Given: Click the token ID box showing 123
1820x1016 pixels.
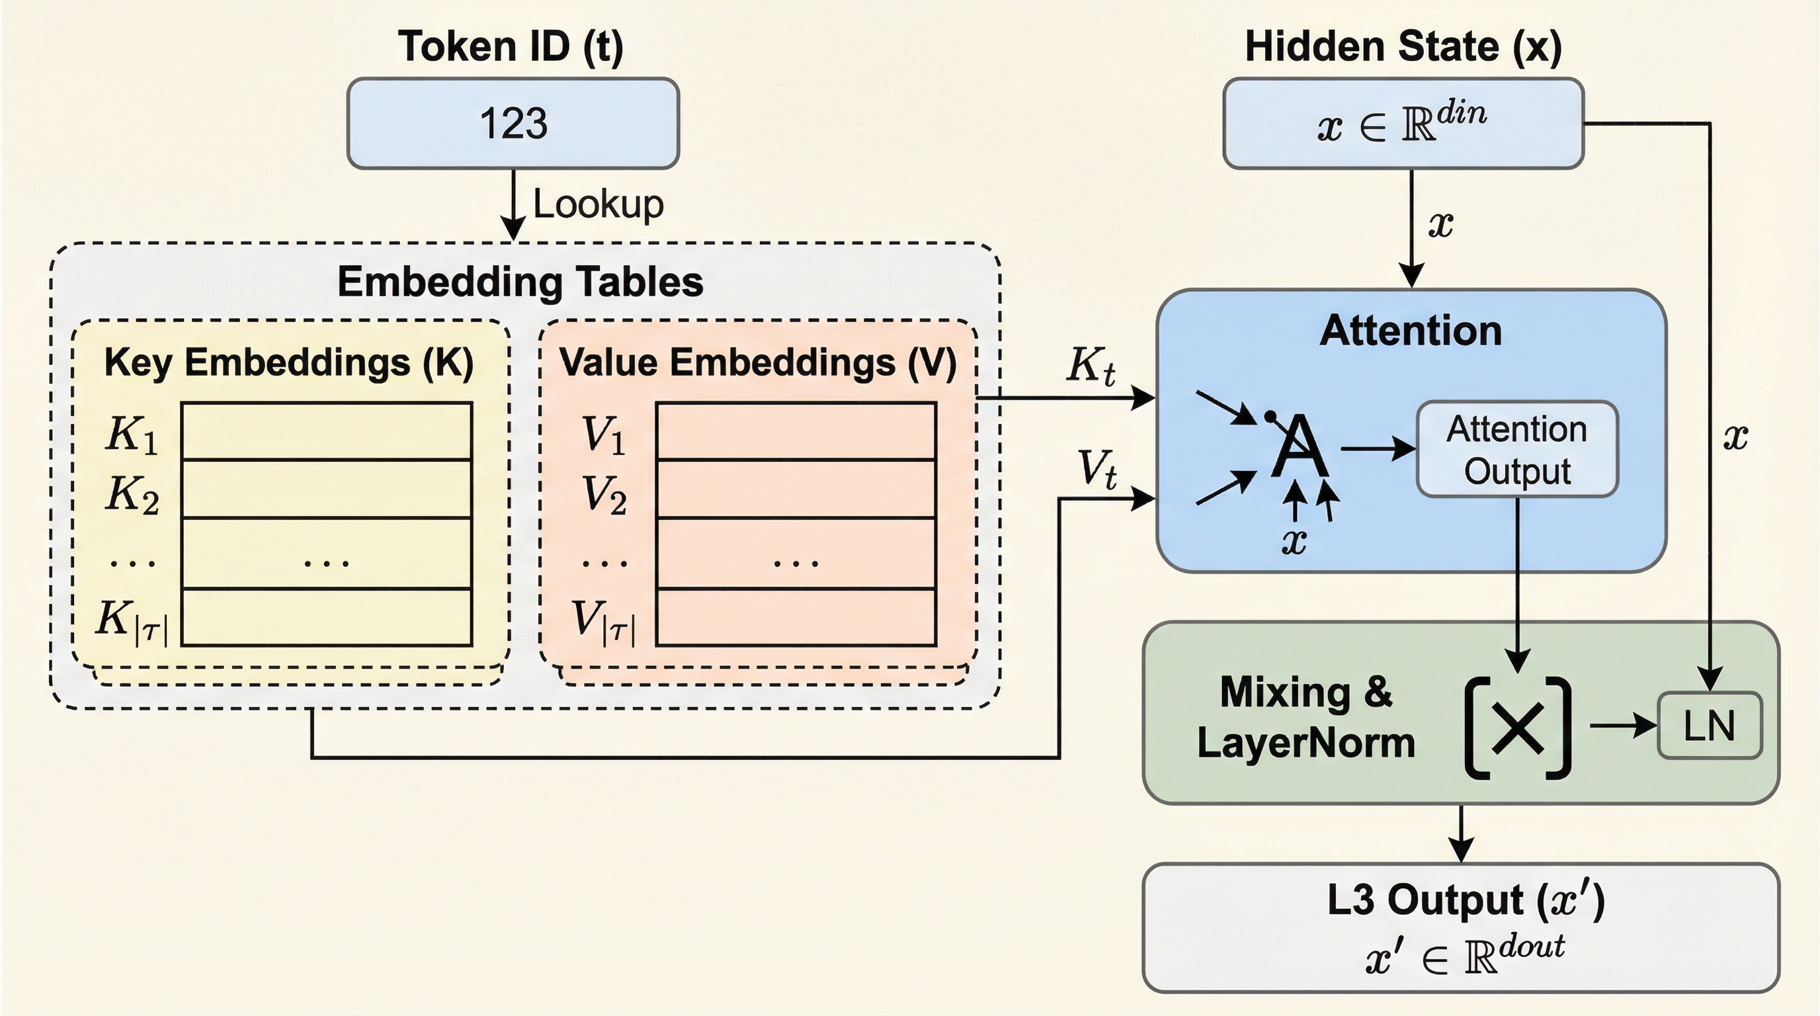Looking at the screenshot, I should [x=513, y=124].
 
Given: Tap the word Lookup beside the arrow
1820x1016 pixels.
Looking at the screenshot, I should [x=598, y=204].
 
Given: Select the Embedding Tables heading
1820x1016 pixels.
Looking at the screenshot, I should [x=520, y=281].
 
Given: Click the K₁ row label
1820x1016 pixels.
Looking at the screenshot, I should [x=132, y=434].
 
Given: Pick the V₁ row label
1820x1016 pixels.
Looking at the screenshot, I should [x=602, y=434].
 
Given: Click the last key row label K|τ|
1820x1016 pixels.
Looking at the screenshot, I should [x=132, y=621].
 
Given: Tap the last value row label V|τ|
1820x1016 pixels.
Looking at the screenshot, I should [x=603, y=621].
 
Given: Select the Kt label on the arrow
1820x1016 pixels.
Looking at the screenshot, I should [x=1091, y=366].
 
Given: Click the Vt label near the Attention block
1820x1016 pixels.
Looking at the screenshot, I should [x=1096, y=468].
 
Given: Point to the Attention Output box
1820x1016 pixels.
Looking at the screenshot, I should [x=1517, y=449].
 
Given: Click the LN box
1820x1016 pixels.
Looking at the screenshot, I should [x=1709, y=726].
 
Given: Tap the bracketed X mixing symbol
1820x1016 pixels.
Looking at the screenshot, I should [x=1518, y=728].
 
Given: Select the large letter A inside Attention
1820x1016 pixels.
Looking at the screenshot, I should [x=1299, y=447].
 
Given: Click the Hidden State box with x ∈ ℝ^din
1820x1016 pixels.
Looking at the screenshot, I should [x=1403, y=124].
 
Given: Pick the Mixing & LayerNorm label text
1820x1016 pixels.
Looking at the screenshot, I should [x=1305, y=717].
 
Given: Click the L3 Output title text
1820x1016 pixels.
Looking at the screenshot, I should [x=1466, y=900].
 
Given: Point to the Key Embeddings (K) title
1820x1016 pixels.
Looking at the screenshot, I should [x=288, y=362].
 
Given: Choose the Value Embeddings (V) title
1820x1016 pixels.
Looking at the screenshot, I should [x=757, y=362].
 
